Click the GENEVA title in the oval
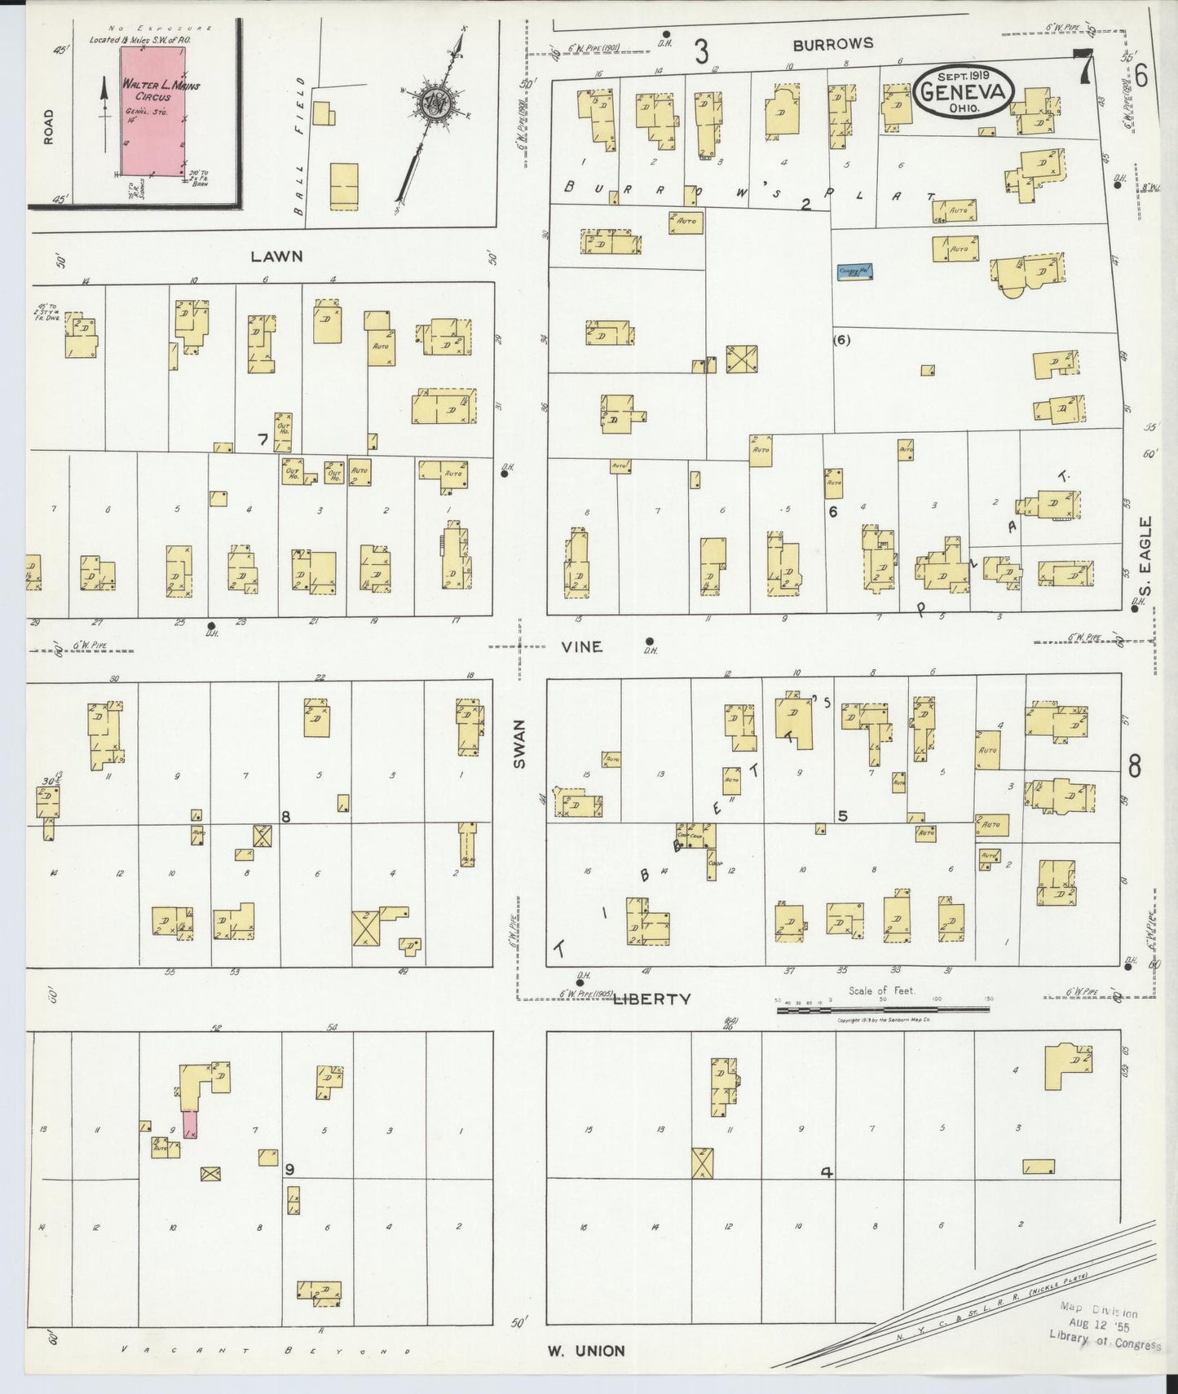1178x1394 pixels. click(964, 92)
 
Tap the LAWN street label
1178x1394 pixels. click(276, 256)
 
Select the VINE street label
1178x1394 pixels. click(582, 646)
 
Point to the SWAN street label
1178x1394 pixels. click(520, 743)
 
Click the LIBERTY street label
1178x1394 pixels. click(651, 999)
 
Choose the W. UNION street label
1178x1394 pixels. click(585, 1351)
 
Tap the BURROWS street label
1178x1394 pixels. click(832, 44)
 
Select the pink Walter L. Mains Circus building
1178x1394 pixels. click(152, 110)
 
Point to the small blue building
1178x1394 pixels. click(854, 271)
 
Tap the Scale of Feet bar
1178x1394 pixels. click(883, 1009)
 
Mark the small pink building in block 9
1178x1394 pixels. click(190, 1124)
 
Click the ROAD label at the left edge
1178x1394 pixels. click(49, 126)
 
